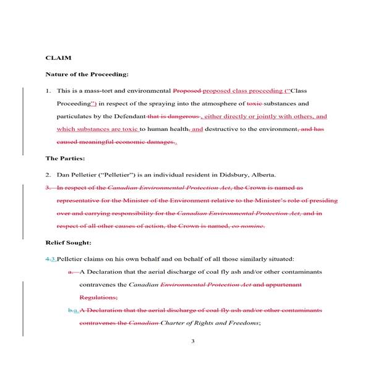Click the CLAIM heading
point(58,57)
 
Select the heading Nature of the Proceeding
point(87,74)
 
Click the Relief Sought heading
point(69,242)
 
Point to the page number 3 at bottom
point(192,341)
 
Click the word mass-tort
point(105,90)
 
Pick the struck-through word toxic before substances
point(255,103)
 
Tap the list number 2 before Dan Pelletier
point(48,174)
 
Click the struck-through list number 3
point(48,187)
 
